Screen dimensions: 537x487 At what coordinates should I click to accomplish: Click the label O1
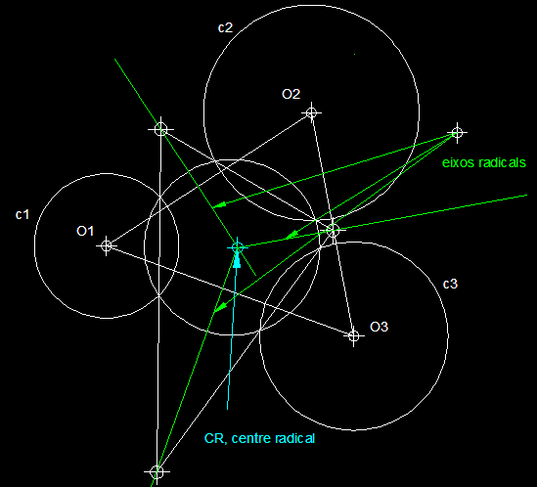tap(85, 231)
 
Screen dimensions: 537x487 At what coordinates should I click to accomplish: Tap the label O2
tap(291, 94)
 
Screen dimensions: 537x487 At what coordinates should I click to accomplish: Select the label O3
tap(380, 327)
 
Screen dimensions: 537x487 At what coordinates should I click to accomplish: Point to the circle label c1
tap(22, 215)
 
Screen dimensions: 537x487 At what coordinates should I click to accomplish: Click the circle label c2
tap(225, 27)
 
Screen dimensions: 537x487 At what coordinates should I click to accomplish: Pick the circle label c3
tap(450, 284)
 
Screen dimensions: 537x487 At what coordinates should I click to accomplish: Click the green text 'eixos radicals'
tap(484, 162)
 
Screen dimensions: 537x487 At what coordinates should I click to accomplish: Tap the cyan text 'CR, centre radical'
tap(259, 438)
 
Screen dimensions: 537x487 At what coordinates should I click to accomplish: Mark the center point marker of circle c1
tap(107, 245)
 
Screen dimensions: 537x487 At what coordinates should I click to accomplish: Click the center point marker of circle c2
tap(311, 112)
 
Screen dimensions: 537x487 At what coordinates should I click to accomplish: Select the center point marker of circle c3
tap(354, 336)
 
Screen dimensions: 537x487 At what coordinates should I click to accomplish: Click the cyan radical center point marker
tap(237, 247)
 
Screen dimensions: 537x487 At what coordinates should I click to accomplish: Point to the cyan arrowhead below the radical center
tap(237, 260)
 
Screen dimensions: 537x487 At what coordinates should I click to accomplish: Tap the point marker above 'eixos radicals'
tap(457, 133)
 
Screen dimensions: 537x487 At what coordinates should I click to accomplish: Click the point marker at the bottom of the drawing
tap(157, 472)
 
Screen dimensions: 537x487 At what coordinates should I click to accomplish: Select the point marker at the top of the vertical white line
tap(160, 129)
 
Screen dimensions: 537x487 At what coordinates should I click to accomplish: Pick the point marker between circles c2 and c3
tap(333, 230)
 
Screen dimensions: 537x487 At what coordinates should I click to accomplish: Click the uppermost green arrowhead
tap(218, 205)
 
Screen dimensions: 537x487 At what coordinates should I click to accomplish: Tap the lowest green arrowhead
tap(219, 307)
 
